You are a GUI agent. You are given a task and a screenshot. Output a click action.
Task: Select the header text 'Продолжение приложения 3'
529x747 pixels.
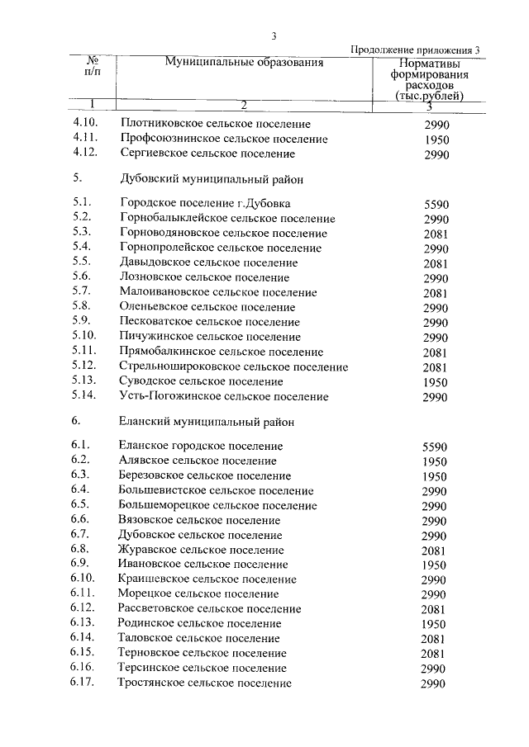coord(415,50)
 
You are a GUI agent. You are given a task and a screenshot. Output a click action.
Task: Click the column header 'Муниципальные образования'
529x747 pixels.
coord(243,62)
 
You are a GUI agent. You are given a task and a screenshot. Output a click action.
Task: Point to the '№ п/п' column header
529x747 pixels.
coord(93,67)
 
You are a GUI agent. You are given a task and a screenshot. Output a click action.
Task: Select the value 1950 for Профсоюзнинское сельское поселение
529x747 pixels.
coord(436,139)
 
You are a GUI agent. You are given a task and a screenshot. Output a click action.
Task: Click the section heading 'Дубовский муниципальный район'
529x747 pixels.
coord(212,177)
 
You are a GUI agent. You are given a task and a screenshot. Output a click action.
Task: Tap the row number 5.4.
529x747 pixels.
coord(81,248)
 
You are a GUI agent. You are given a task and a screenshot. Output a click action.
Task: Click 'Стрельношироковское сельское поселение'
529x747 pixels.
coord(234,366)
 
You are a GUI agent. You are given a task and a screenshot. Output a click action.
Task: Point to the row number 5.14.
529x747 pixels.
coord(84,396)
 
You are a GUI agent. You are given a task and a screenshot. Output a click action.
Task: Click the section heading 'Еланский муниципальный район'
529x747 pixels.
coord(207,421)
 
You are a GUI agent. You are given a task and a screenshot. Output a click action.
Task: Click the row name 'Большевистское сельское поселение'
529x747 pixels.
coord(216,490)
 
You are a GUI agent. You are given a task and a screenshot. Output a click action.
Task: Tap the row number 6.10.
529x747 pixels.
coord(84,579)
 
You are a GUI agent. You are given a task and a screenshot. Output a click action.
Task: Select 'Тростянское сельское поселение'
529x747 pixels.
coord(204,683)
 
